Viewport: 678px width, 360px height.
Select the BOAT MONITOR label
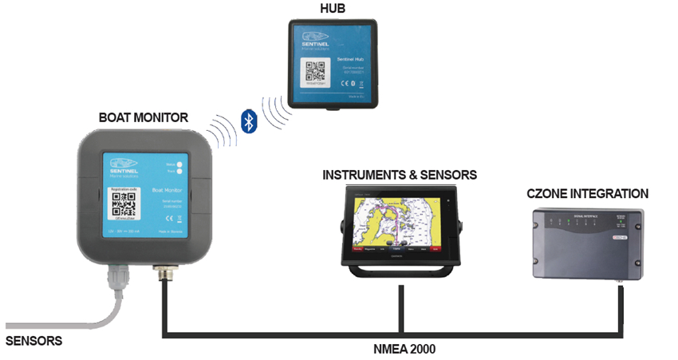(x=144, y=117)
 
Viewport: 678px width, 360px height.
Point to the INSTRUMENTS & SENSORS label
(x=400, y=174)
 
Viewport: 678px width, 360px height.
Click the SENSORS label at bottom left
(x=34, y=341)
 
